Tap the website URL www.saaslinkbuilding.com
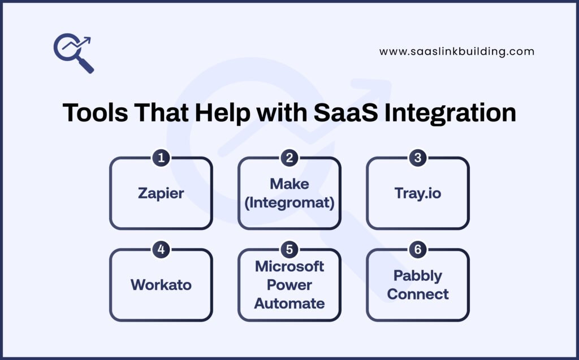click(x=456, y=51)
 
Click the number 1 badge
click(x=161, y=158)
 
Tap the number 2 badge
click(x=289, y=158)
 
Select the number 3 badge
click(x=417, y=158)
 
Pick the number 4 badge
click(x=161, y=250)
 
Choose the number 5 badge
click(x=289, y=250)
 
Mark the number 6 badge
click(x=417, y=250)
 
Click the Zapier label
click(x=161, y=193)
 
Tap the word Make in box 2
click(x=289, y=184)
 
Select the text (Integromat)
click(x=289, y=202)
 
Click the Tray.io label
click(x=417, y=193)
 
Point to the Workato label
click(x=161, y=285)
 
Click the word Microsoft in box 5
click(x=289, y=266)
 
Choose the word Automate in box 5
click(x=289, y=303)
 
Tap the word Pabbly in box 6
click(x=417, y=276)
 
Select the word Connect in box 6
click(x=417, y=294)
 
